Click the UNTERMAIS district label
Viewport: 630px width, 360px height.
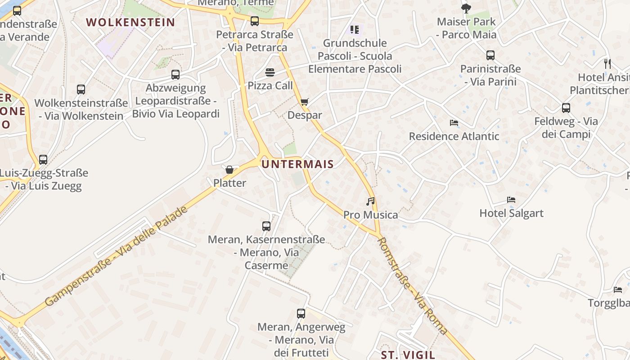coord(297,164)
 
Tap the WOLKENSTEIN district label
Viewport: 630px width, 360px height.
coord(130,22)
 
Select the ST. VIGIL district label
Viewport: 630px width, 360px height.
coord(408,355)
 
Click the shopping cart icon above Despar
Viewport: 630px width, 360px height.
coord(305,102)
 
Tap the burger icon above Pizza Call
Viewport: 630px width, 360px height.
coord(270,72)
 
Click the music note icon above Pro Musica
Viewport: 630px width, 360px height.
coord(370,202)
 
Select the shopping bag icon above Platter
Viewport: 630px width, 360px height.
coord(229,170)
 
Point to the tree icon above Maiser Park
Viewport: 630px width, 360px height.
coord(466,8)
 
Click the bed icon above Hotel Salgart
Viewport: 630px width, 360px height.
coord(511,200)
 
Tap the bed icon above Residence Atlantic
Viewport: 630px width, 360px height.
coord(454,123)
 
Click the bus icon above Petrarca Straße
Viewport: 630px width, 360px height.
coord(255,21)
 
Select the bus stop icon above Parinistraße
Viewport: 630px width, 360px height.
coord(490,55)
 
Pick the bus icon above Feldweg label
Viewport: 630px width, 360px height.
coord(566,108)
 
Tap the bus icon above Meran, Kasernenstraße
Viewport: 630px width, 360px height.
coord(266,226)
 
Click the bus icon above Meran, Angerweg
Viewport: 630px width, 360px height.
coord(301,314)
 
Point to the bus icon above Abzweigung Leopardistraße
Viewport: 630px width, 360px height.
coord(175,74)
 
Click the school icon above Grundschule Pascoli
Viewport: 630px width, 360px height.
coord(355,30)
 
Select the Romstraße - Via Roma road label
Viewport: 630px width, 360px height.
coord(412,286)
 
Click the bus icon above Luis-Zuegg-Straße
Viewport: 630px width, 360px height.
coord(43,159)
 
